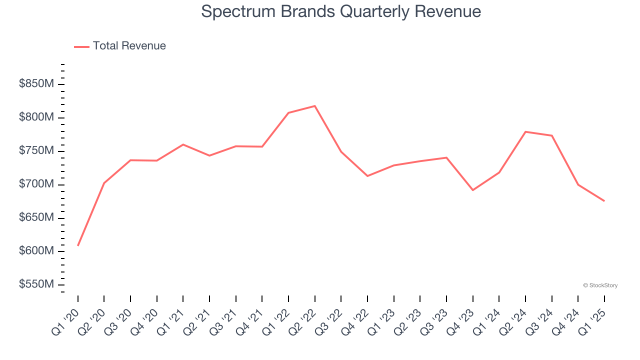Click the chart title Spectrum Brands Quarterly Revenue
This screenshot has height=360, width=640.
point(341,11)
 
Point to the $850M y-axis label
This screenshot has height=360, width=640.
point(36,84)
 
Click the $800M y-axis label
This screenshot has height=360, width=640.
point(36,117)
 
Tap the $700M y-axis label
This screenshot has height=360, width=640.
point(36,184)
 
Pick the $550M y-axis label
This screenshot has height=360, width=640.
point(36,284)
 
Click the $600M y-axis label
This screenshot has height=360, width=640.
point(36,251)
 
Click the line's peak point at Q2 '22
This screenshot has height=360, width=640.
point(314,106)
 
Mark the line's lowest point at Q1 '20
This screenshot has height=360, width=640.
point(78,245)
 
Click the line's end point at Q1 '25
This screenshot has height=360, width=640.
point(604,201)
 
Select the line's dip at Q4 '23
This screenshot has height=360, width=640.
point(472,190)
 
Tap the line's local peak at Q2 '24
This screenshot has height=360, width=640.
point(525,131)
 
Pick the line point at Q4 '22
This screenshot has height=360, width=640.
point(367,176)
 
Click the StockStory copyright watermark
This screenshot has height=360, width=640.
point(600,285)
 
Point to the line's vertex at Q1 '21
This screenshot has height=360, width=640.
point(183,144)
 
